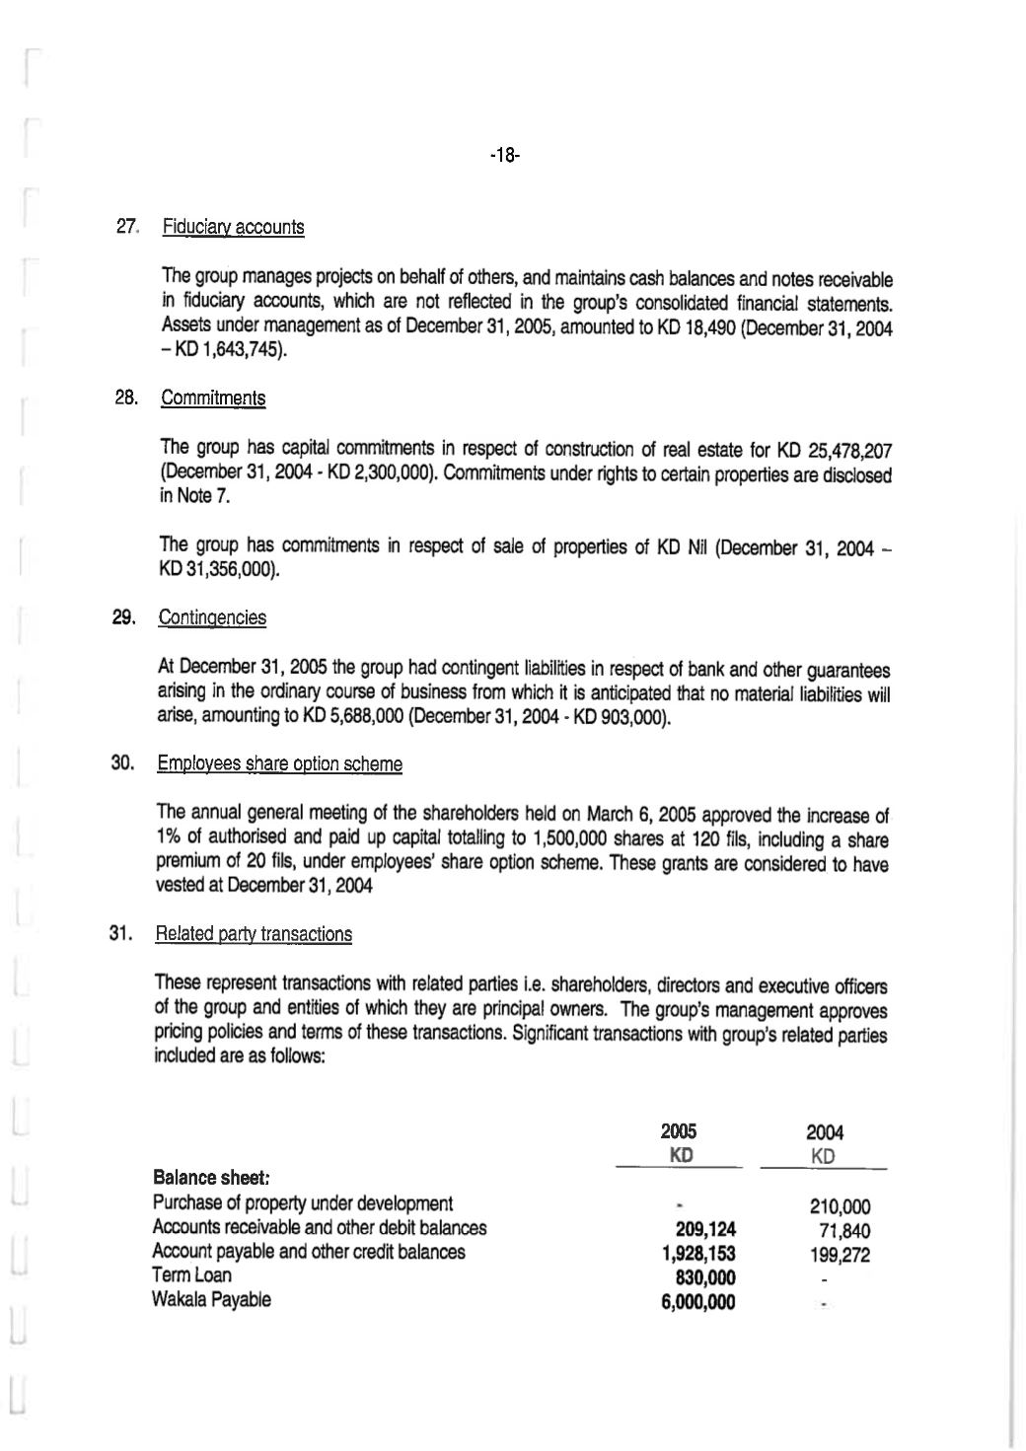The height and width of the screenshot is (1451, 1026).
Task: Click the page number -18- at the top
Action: click(504, 155)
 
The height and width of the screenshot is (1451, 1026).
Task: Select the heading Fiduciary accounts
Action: click(233, 228)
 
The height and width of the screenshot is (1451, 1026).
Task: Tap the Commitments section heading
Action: click(212, 399)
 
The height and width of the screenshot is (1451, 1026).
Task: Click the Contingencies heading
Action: click(212, 618)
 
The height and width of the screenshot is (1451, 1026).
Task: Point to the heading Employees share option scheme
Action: click(279, 764)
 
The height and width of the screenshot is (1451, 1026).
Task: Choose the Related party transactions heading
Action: click(254, 934)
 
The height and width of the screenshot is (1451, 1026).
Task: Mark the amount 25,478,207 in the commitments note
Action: click(849, 452)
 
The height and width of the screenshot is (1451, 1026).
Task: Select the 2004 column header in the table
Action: click(825, 1133)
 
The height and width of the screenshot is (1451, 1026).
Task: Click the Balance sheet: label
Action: click(211, 1178)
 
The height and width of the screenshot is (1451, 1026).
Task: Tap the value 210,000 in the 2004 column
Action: click(840, 1205)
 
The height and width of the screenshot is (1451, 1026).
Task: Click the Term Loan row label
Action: click(191, 1275)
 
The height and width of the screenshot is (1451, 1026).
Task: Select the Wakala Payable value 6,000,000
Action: click(698, 1302)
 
